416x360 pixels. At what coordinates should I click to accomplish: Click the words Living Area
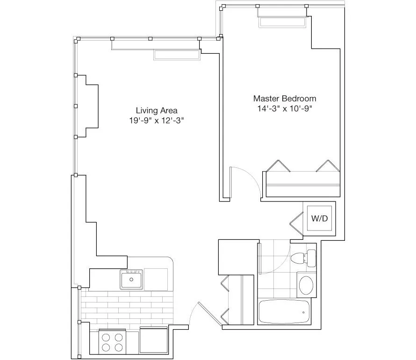tap(156, 111)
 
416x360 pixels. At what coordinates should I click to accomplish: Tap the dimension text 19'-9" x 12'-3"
tap(156, 121)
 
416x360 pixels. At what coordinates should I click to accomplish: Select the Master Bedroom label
tap(284, 99)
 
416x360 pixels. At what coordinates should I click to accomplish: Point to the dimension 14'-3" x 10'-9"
tap(284, 108)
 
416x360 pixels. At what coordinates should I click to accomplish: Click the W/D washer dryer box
tap(320, 218)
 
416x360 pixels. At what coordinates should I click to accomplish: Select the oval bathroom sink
tap(307, 285)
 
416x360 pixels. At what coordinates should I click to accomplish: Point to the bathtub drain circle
tap(304, 312)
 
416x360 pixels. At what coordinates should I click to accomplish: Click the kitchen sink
tap(131, 280)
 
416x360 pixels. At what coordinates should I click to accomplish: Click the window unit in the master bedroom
tap(282, 22)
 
